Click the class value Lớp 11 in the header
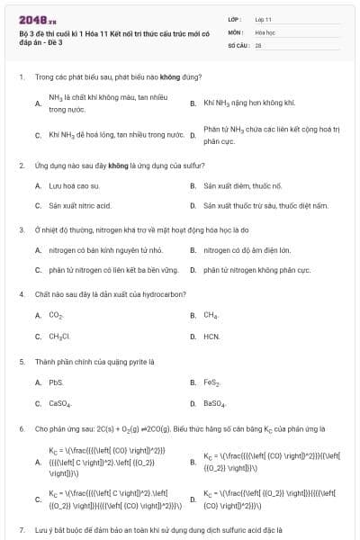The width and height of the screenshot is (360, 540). (x=263, y=18)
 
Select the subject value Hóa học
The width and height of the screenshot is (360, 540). (x=265, y=31)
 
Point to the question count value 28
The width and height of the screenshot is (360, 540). (x=257, y=43)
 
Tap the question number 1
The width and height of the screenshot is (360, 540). (x=21, y=78)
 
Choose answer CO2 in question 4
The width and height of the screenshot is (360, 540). (x=56, y=315)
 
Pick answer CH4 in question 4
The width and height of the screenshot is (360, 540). (x=211, y=315)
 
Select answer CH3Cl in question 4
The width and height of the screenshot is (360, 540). (x=59, y=336)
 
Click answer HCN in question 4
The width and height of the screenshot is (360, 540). (x=211, y=336)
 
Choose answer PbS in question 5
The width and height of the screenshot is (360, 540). (x=56, y=382)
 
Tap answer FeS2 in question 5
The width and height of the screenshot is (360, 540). (x=212, y=382)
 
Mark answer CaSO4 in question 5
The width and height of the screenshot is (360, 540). (x=59, y=402)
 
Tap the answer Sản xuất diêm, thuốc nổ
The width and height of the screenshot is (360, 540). (x=243, y=185)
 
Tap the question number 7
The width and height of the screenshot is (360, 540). (x=21, y=529)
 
